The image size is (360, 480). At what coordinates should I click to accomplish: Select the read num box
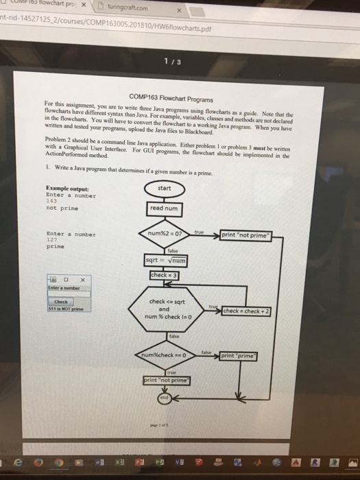(x=164, y=208)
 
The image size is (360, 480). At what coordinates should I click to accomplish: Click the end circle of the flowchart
(x=164, y=396)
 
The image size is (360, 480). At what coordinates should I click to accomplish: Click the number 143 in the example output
(x=51, y=200)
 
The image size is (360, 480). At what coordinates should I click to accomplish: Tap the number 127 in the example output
(x=51, y=240)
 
